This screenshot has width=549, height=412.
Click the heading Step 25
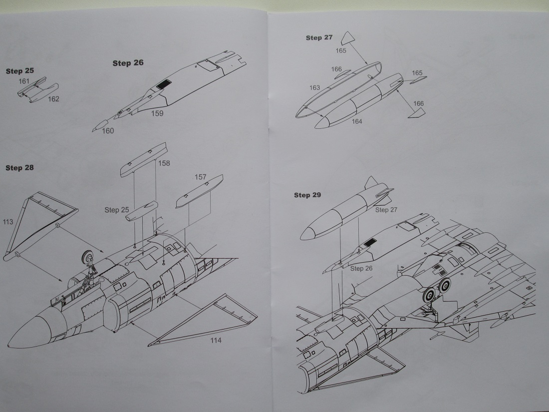[20, 71]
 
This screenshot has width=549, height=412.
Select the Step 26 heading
[128, 63]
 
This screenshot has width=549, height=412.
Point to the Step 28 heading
[19, 168]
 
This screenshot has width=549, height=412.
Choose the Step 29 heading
[307, 195]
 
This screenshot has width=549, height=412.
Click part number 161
[24, 81]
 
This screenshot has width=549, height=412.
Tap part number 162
[53, 99]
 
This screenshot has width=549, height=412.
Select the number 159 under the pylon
[158, 113]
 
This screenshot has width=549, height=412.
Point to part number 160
[108, 131]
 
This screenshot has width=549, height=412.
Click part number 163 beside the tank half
[314, 88]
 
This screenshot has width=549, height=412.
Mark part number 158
[164, 163]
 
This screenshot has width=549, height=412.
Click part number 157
[200, 177]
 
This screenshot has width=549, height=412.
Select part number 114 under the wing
[215, 341]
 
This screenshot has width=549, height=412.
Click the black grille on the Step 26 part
[161, 84]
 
